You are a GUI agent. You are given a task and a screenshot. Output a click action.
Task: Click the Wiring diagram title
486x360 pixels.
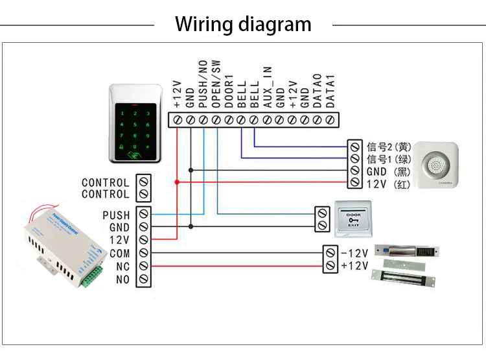coord(243,25)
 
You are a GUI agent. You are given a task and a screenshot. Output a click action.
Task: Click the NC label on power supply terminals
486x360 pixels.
coord(123,267)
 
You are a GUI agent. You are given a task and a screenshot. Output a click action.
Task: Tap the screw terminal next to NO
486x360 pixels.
coord(143,280)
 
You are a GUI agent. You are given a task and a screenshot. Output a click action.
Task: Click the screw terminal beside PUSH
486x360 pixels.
coord(143,214)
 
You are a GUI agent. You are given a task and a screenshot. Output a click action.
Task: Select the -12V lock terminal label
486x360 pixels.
coord(354,252)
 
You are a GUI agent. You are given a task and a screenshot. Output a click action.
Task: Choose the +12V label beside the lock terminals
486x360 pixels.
coord(354,265)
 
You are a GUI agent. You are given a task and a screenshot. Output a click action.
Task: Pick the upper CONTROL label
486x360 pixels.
coord(106,182)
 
